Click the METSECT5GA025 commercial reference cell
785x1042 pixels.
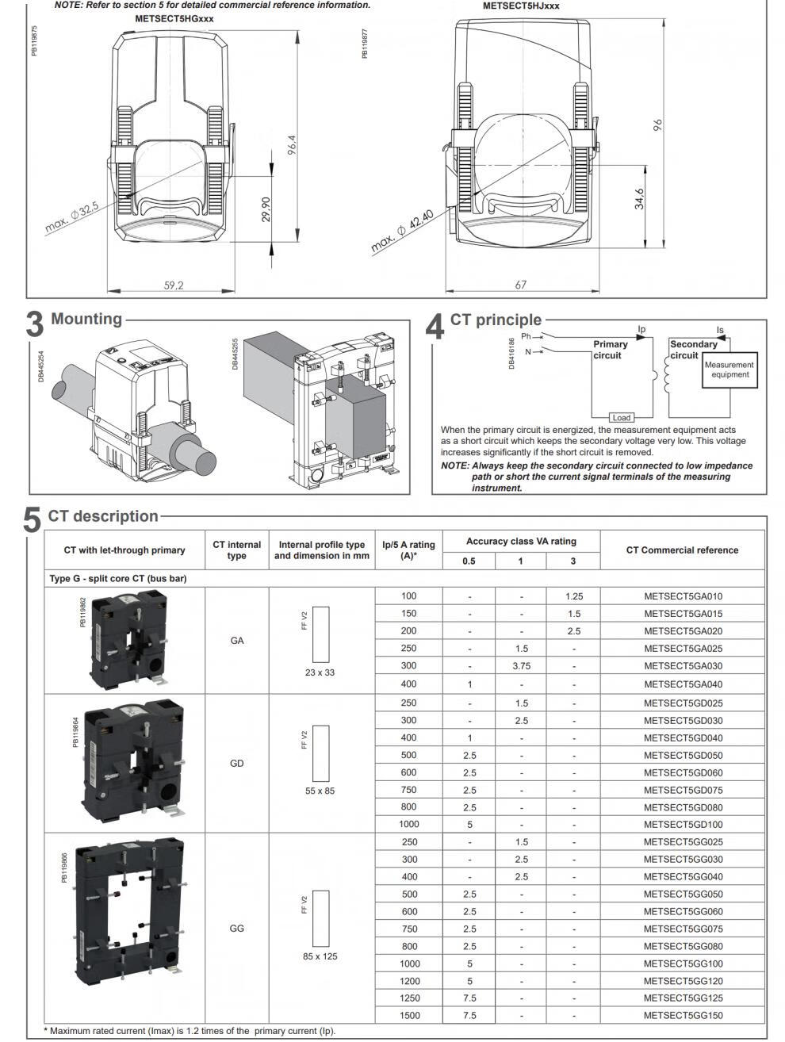(x=683, y=649)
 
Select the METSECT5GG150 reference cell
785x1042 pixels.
(x=683, y=1016)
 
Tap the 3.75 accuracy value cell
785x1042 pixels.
(x=521, y=666)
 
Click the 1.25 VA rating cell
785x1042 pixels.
(x=573, y=596)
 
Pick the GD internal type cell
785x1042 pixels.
(x=236, y=764)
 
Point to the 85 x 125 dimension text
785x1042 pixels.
(x=320, y=956)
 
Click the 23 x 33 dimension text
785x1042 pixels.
(x=320, y=672)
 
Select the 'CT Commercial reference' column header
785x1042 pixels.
(x=682, y=550)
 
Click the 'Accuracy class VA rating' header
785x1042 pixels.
(x=521, y=542)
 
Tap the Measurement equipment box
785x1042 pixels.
(x=729, y=370)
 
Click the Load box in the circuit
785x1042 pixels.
(x=622, y=418)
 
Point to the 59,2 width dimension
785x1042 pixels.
(x=174, y=285)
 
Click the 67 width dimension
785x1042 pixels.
(x=521, y=285)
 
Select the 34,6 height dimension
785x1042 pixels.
(x=640, y=199)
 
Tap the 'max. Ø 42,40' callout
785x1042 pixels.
(x=403, y=231)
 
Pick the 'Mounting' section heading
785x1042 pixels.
(x=86, y=319)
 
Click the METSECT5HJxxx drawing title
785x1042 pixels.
(x=521, y=6)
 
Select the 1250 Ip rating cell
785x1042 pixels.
(x=409, y=998)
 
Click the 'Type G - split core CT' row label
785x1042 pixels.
(x=118, y=579)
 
